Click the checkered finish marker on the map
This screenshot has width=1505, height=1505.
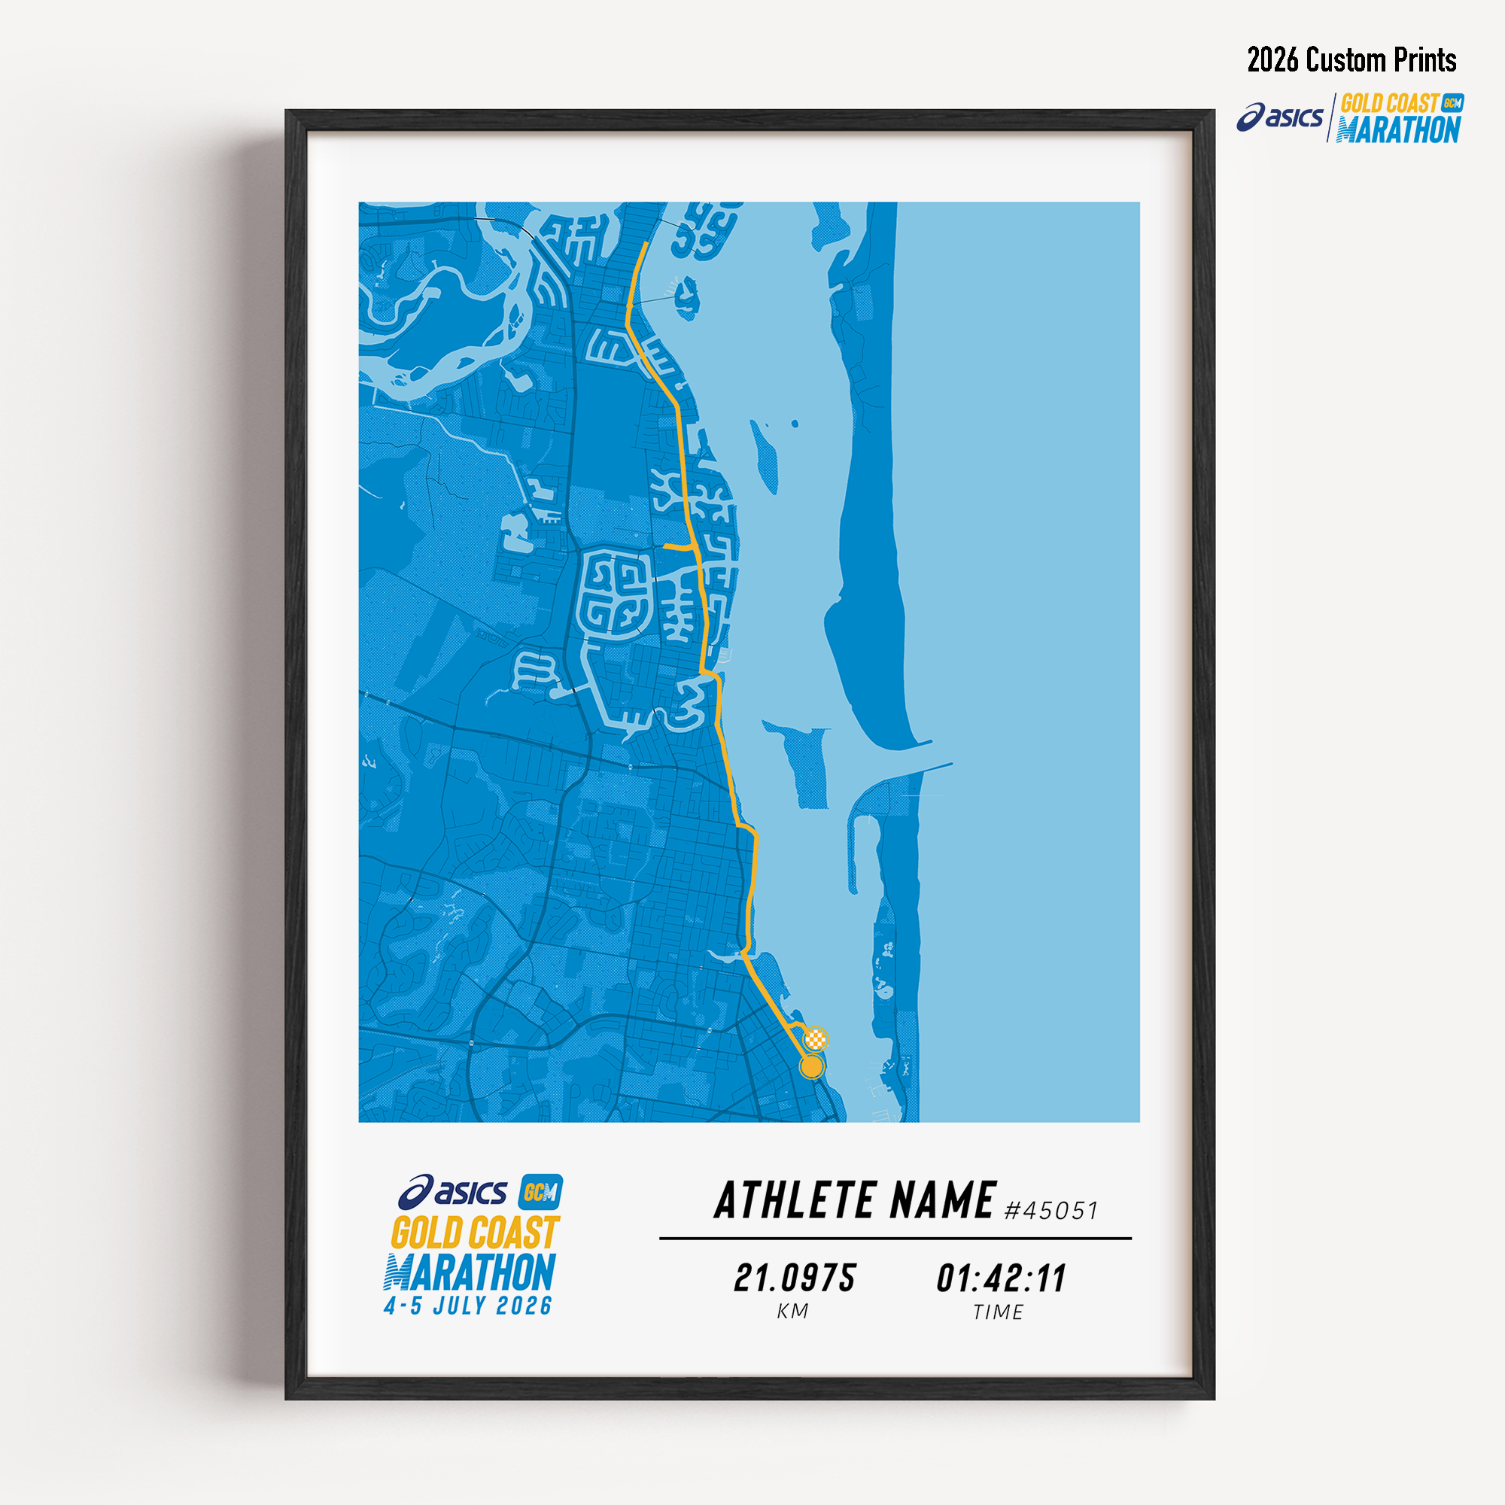pyautogui.click(x=816, y=1038)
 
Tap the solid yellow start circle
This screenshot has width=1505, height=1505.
pyautogui.click(x=812, y=1066)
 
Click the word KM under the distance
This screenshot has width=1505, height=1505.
pyautogui.click(x=793, y=1312)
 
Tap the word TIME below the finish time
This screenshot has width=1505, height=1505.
pyautogui.click(x=998, y=1312)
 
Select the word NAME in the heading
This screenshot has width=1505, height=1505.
pyautogui.click(x=943, y=1200)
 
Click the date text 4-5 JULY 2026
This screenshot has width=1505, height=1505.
pyautogui.click(x=468, y=1306)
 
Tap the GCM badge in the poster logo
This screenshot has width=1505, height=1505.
pyautogui.click(x=540, y=1193)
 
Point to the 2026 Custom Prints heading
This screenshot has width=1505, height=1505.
pyautogui.click(x=1351, y=60)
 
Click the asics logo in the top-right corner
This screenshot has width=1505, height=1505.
pyautogui.click(x=1279, y=117)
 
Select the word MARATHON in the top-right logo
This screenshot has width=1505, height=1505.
pyautogui.click(x=1398, y=130)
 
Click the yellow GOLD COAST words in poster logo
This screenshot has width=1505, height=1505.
pyautogui.click(x=474, y=1233)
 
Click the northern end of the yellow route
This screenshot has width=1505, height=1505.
pyautogui.click(x=646, y=245)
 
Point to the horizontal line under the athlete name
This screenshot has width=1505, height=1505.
pyautogui.click(x=895, y=1238)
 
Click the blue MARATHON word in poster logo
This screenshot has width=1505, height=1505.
pyautogui.click(x=470, y=1272)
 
